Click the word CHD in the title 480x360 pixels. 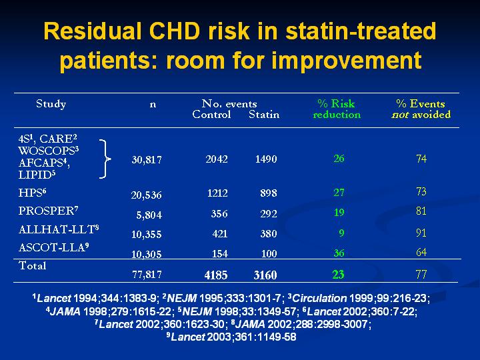coord(174,31)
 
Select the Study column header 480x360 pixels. coord(51,104)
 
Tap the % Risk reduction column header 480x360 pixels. coord(337,109)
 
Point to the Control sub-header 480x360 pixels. coord(211,115)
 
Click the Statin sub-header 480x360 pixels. coord(264,115)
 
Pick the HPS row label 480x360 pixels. coord(32,193)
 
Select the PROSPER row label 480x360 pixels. coord(49,211)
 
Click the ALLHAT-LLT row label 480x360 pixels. coord(59,229)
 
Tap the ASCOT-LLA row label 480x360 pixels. coord(54,247)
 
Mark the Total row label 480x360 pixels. coord(33,265)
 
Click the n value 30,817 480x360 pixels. coord(147,160)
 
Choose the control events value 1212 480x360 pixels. coord(217,193)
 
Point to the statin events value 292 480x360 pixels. coord(269,213)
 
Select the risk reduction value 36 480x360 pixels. coord(339,253)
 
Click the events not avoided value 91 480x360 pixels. coord(421,233)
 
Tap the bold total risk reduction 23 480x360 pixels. coord(338,274)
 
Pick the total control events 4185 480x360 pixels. coord(216,275)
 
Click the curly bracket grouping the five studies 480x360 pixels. coord(105,159)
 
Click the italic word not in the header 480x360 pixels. coord(400,115)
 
